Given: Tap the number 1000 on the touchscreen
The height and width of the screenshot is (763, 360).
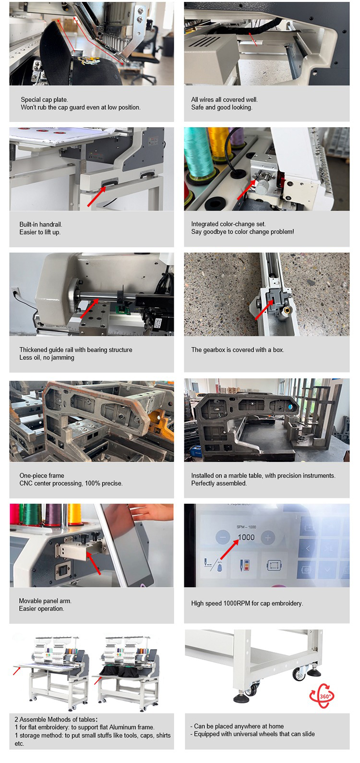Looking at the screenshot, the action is click(x=246, y=537).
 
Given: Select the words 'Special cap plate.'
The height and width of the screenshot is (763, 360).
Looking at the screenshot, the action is click(x=44, y=99).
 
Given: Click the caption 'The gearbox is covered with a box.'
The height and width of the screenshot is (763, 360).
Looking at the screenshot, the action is click(x=238, y=350).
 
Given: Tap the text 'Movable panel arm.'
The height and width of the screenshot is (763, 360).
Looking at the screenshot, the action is click(x=45, y=601).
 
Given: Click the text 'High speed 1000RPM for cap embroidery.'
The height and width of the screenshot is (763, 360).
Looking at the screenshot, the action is click(x=247, y=603).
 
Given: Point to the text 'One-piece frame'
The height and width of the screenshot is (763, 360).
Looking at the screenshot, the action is click(x=42, y=475).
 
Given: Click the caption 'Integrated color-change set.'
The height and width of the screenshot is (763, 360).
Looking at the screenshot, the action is click(x=228, y=224).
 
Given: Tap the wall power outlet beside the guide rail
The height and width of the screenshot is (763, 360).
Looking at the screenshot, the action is click(x=15, y=292).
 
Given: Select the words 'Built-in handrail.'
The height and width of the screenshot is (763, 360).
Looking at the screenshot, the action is click(x=40, y=224).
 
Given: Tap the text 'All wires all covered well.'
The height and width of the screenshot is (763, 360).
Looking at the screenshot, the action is click(x=224, y=99).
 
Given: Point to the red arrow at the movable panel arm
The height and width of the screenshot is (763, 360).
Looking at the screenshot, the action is click(x=93, y=563).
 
